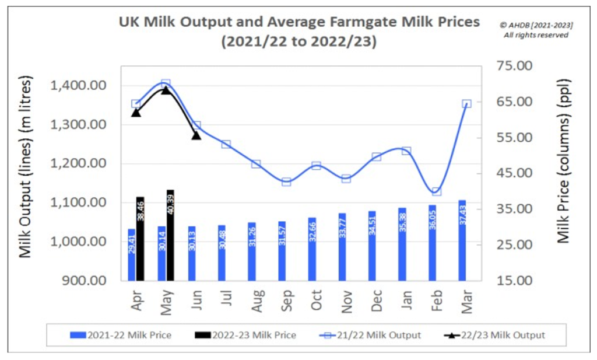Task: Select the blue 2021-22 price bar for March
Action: (463, 240)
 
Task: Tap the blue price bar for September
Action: (282, 251)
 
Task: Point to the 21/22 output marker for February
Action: (437, 191)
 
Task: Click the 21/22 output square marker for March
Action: (466, 104)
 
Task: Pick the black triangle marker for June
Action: (196, 135)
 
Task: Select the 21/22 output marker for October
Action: (316, 166)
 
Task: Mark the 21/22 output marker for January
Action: (406, 151)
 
